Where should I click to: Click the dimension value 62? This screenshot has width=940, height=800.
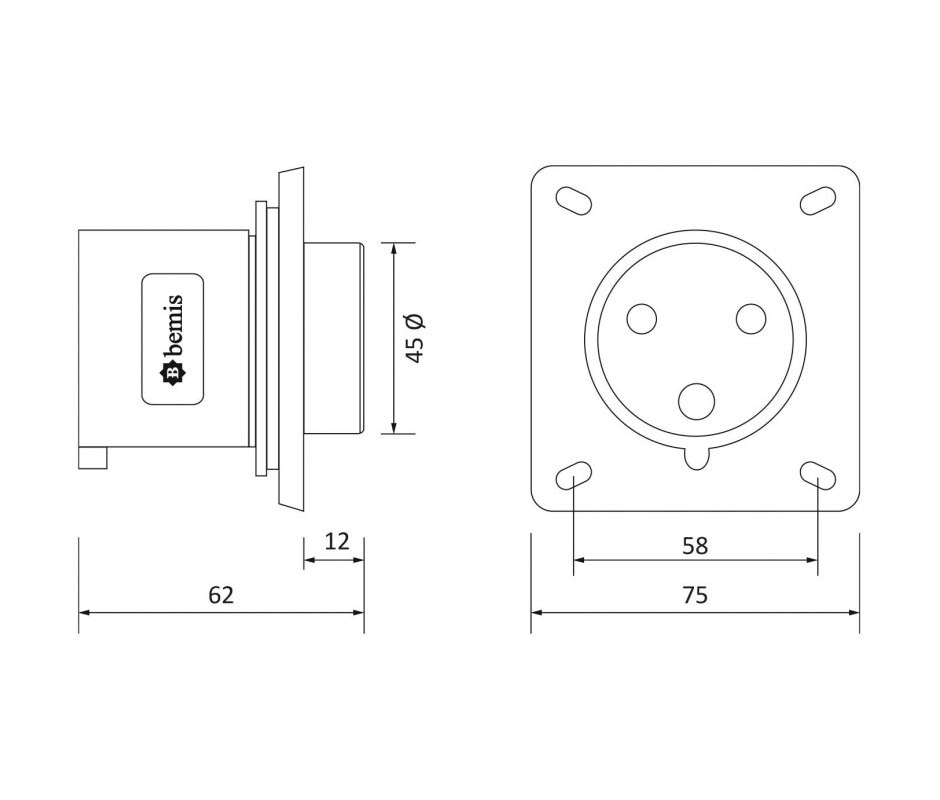coord(221,595)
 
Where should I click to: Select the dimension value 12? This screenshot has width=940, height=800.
coord(337,542)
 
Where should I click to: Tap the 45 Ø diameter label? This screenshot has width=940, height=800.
coord(415,338)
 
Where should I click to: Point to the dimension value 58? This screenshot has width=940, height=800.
coord(695,546)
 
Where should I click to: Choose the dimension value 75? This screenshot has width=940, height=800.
coord(695,595)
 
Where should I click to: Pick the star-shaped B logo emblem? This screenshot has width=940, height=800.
coord(172,374)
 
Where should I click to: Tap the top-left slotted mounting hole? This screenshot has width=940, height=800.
coord(574,200)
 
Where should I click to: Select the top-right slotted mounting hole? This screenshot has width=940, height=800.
coord(818,200)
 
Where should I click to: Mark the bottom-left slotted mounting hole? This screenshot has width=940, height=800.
coord(574,476)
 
